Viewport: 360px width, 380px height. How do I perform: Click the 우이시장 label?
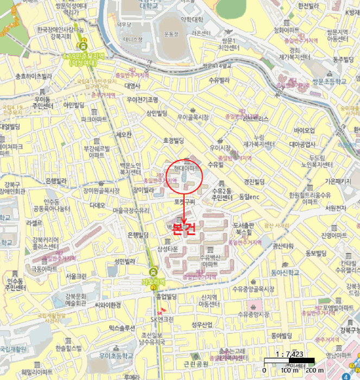point(220,147)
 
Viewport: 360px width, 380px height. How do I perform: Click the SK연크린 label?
point(161,319)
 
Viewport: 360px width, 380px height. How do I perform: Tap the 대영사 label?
point(132,85)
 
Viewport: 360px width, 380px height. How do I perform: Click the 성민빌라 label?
point(124,261)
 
